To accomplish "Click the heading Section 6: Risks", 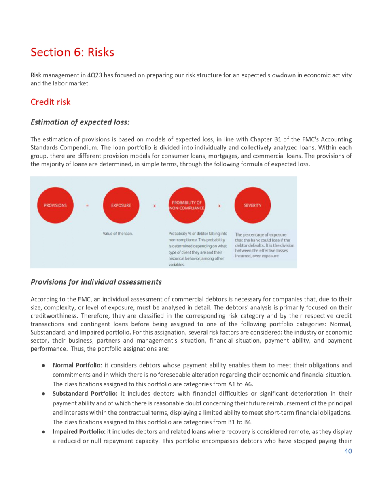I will pos(72,52).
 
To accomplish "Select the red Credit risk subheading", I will pos(51,102).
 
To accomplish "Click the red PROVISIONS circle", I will pos(55,205).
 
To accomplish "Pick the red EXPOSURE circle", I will pos(121,205).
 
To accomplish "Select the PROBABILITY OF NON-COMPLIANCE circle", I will pos(186,205).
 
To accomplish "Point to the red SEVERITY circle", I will pos(252,205).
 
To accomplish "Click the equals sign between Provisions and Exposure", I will pos(87,206).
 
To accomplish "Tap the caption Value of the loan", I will pos(118,234).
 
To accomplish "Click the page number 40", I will pos(348,451).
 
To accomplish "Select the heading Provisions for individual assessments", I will pos(96,282).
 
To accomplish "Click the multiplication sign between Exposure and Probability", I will pos(154,206).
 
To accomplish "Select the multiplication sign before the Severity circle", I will pos(219,206).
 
